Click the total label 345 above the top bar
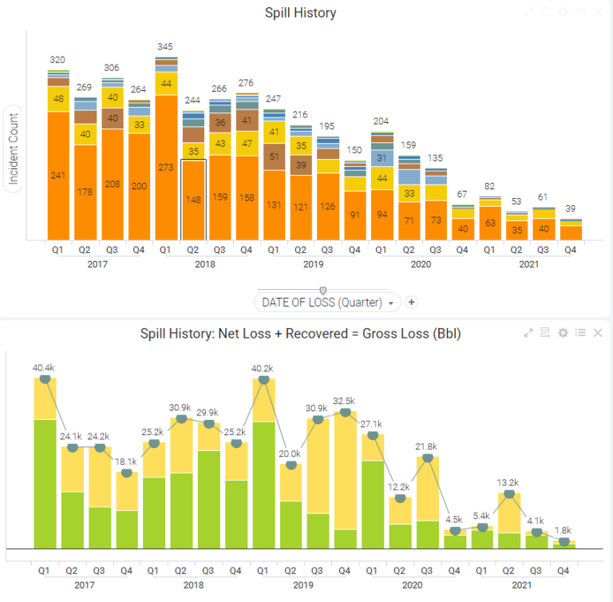click(x=166, y=48)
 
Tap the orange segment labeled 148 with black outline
click(x=193, y=200)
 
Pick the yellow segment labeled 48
click(x=57, y=99)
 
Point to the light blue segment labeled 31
click(x=382, y=157)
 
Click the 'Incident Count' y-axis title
click(x=14, y=147)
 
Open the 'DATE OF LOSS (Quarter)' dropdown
click(x=327, y=303)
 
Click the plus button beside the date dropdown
click(x=412, y=302)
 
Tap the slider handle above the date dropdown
click(x=322, y=290)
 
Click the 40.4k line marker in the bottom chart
click(x=45, y=378)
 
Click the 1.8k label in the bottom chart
click(x=564, y=530)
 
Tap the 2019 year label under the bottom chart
click(x=303, y=585)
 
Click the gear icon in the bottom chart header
click(x=563, y=333)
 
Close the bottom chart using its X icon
click(x=598, y=333)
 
